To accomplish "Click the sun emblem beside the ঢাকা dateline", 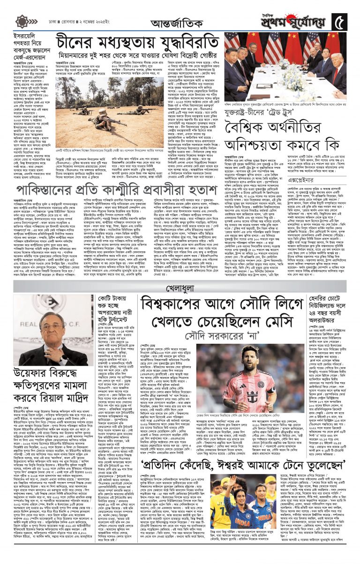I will coord(22,22).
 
